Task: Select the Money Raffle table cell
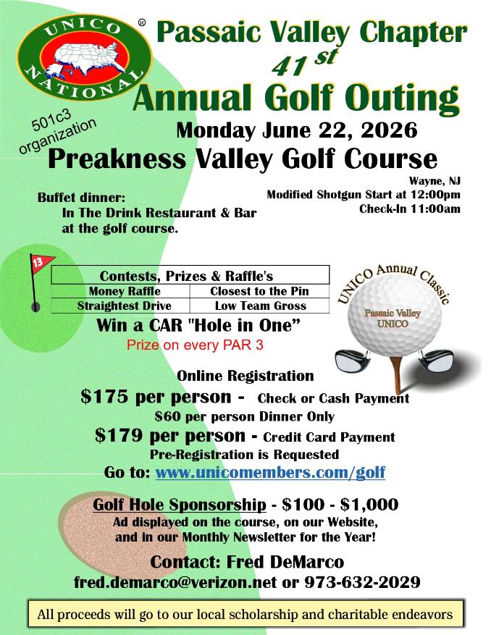pyautogui.click(x=119, y=291)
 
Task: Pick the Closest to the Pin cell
pyautogui.click(x=259, y=291)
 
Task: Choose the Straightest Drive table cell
pyautogui.click(x=119, y=306)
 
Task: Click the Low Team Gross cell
pyautogui.click(x=259, y=306)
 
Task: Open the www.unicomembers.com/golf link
pyautogui.click(x=270, y=473)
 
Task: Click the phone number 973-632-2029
pyautogui.click(x=362, y=582)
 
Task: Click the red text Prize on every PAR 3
pyautogui.click(x=195, y=345)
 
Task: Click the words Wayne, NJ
pyautogui.click(x=435, y=181)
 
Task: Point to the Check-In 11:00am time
pyautogui.click(x=409, y=209)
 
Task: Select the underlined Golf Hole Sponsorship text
pyautogui.click(x=180, y=505)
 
